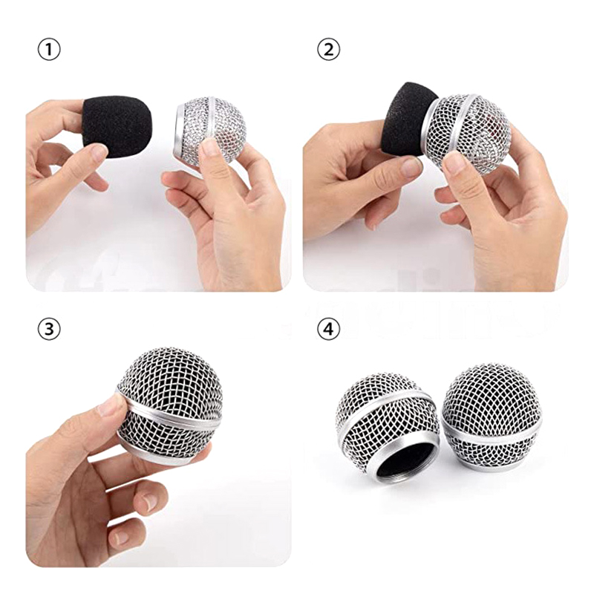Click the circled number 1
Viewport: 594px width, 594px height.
coord(49,50)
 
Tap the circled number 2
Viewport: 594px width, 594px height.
coord(328,50)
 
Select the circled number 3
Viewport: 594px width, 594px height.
coord(49,329)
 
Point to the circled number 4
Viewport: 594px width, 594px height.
coord(328,329)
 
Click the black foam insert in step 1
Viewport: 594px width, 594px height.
coord(117,126)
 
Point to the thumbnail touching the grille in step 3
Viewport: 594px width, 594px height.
coord(111,404)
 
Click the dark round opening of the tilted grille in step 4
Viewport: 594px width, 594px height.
coord(405,463)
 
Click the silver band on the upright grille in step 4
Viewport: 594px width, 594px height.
coord(492,432)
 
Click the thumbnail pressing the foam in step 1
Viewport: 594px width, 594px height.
coord(99,152)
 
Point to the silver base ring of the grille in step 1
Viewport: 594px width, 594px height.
coord(179,133)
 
